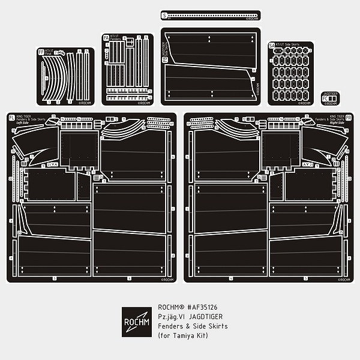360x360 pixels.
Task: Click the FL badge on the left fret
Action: pos(11,118)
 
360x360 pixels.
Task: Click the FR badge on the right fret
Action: pos(349,118)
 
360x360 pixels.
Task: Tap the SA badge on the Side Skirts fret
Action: pos(271,46)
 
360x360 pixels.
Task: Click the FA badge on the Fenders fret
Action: pos(106,38)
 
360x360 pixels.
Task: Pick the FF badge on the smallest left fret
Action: pos(41,52)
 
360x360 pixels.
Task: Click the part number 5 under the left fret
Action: pos(55,278)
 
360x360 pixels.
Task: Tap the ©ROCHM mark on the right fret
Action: pos(341,278)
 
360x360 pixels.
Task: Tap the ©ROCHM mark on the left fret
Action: pos(167,278)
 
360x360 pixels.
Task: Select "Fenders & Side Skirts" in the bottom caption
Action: pos(192,326)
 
